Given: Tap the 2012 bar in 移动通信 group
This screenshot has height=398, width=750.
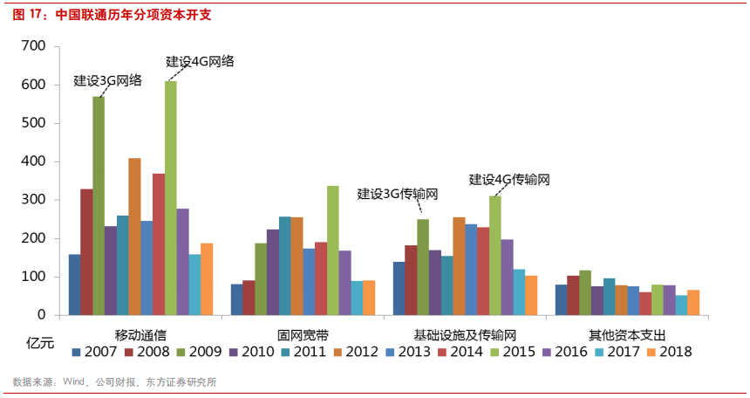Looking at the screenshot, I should [x=134, y=236].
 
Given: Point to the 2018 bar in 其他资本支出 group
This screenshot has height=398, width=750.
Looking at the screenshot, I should [x=693, y=302].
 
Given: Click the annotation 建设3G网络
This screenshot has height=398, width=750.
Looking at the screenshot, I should [x=107, y=80].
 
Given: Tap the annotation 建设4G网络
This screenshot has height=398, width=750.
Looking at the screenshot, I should [x=200, y=61].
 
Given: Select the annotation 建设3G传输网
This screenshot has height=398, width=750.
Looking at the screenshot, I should [x=398, y=194].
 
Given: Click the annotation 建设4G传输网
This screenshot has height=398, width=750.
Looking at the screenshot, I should [x=509, y=179].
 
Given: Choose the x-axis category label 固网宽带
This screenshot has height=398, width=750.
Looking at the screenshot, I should [x=303, y=334].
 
